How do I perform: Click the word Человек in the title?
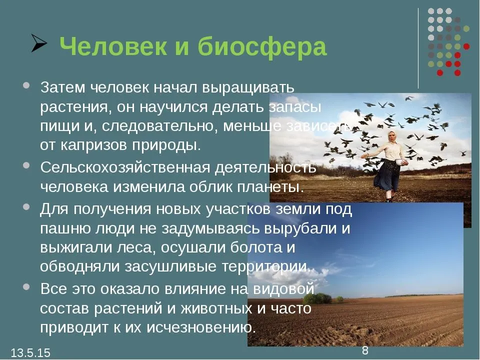113,46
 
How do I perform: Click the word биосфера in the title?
262,47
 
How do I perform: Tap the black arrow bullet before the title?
39,43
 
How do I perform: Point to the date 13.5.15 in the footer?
30,352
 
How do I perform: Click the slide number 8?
365,350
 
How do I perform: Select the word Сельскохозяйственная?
125,168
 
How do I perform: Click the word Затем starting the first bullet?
63,87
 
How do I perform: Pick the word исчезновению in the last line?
201,327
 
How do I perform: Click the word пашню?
65,228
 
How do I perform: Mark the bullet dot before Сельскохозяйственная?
26,165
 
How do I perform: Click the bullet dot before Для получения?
26,207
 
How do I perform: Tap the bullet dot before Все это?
26,287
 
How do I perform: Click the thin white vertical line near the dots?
418,48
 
